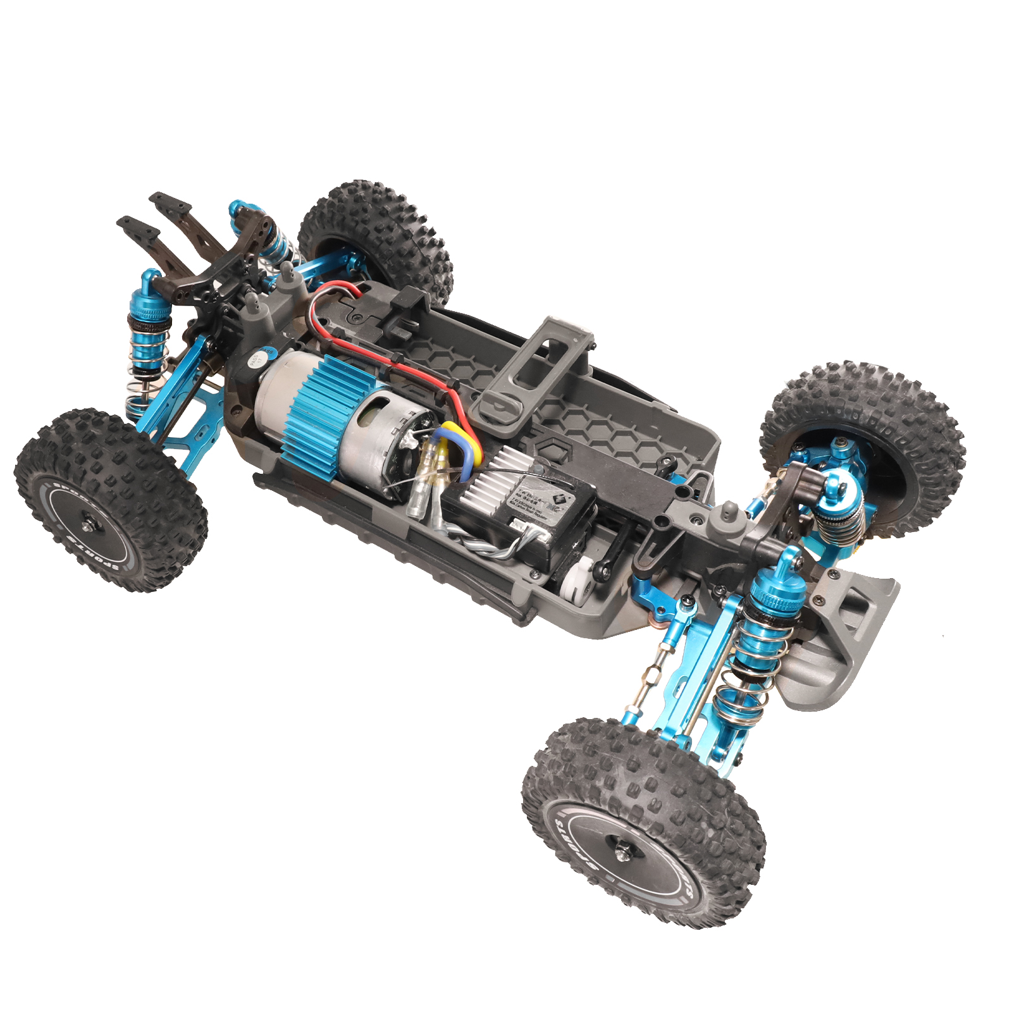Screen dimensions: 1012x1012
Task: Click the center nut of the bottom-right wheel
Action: coord(622,853)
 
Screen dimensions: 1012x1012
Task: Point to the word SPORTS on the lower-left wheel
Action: coord(95,557)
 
